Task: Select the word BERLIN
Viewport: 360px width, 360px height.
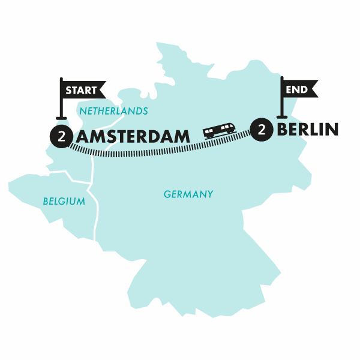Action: [307, 129]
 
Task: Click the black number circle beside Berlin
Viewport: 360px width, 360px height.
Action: [262, 129]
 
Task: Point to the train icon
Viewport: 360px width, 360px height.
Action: [219, 130]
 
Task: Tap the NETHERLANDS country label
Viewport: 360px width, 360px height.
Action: [113, 112]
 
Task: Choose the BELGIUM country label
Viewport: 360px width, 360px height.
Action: [64, 202]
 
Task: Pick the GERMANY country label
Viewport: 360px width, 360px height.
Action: [188, 194]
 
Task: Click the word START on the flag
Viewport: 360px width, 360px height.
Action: [81, 91]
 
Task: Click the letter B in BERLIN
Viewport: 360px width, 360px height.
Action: [283, 129]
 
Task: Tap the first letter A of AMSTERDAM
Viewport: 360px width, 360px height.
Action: [85, 136]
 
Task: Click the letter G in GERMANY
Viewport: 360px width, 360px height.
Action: [167, 194]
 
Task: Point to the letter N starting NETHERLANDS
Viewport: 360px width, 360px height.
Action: [82, 112]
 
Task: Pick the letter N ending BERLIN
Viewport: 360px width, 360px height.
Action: [332, 129]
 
